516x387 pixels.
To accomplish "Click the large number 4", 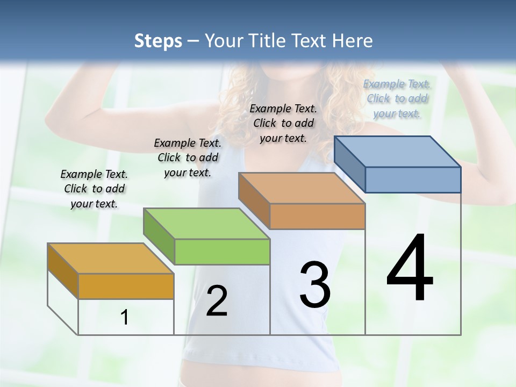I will [410, 269].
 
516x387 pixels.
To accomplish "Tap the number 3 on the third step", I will [315, 285].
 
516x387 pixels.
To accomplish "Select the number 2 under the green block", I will [217, 301].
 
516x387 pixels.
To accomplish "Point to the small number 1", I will [124, 318].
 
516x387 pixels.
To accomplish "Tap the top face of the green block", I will [206, 224].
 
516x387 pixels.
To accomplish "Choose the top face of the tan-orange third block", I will [302, 188].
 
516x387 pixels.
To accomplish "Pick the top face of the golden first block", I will [111, 259].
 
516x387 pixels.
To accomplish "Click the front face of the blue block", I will [413, 180].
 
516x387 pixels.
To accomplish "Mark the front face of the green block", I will [222, 252].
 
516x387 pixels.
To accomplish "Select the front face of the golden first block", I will [126, 286].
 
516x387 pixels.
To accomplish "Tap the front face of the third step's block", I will [317, 216].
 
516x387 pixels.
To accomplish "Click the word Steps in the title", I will [158, 41].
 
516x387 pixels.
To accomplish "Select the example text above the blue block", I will [397, 99].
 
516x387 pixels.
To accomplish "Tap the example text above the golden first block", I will [95, 189].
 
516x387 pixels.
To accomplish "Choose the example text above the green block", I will [188, 157].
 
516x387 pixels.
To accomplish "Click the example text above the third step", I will [283, 123].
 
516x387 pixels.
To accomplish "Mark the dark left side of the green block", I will [159, 235].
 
